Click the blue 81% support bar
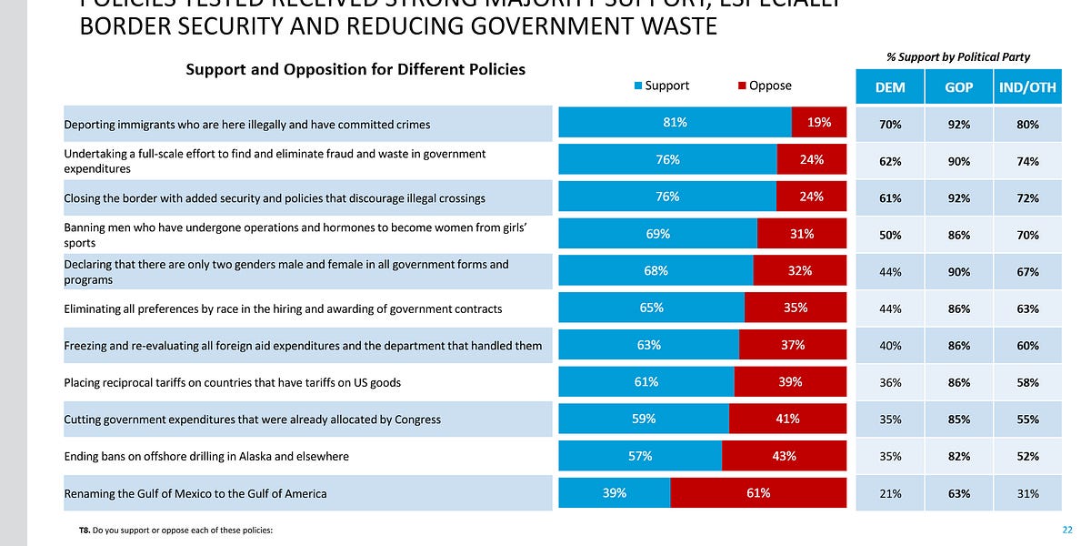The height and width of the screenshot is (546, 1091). tap(675, 123)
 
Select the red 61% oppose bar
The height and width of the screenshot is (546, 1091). tap(758, 493)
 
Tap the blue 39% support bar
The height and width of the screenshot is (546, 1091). tap(614, 493)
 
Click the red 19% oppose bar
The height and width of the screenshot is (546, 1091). tap(819, 123)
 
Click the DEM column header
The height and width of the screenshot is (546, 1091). tap(890, 86)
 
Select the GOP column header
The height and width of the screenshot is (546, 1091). tap(958, 86)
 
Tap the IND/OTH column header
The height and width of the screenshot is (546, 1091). tap(1027, 86)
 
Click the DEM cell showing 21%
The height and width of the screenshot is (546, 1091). tap(890, 493)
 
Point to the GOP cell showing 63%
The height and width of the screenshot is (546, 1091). tap(958, 493)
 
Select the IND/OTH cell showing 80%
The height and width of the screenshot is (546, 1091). tap(1027, 124)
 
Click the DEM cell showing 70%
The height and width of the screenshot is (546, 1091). tap(890, 124)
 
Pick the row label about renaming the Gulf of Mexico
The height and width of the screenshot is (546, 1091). tap(195, 494)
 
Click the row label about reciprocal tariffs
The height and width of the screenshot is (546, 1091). tap(232, 382)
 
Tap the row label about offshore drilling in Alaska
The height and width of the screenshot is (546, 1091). tap(206, 456)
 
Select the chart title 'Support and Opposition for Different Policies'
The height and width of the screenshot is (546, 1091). tap(355, 69)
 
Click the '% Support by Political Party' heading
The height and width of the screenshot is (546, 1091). tap(958, 56)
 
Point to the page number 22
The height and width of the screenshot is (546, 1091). tap(1067, 530)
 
